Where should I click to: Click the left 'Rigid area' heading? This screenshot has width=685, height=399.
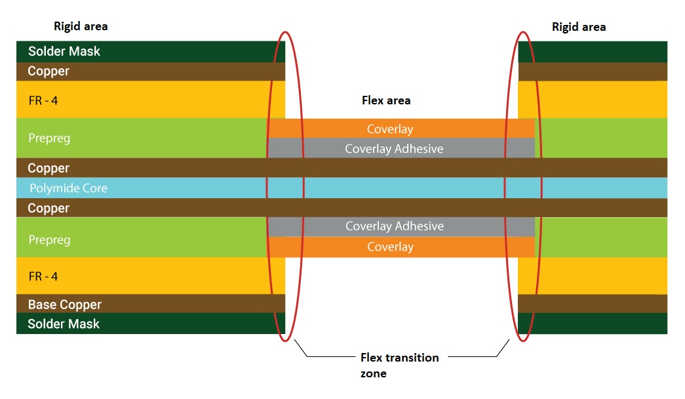coord(81,26)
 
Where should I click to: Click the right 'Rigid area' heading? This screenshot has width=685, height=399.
coord(579,27)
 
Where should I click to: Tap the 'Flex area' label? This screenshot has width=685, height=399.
coord(386,100)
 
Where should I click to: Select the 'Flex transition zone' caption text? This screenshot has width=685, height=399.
coord(399,366)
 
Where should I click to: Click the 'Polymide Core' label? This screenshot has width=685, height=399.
coord(68,188)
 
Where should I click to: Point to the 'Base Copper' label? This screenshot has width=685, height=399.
coord(64,304)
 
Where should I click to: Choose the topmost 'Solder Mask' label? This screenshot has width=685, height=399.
coord(64,51)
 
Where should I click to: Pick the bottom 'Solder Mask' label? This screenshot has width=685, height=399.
coord(64,324)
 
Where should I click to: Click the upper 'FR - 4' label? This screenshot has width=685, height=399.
coord(43,100)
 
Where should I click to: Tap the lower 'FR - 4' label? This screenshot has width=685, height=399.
coord(43,276)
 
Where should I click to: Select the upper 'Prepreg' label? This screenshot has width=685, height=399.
coord(49,138)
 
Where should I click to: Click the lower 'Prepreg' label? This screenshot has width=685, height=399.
coord(49,240)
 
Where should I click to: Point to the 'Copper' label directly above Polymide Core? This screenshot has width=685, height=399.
coord(49,169)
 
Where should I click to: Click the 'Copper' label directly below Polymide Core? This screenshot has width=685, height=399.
coord(49,208)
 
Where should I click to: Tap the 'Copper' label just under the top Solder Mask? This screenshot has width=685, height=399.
coord(49,71)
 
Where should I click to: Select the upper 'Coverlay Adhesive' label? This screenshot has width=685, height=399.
coord(394,149)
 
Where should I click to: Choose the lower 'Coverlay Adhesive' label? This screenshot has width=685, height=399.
coord(394,226)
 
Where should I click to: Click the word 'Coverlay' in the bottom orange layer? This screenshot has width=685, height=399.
coord(390,247)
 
